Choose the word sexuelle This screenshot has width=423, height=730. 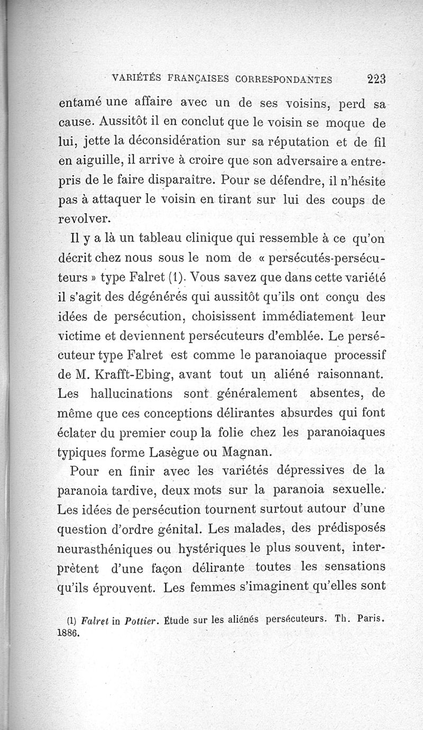(x=357, y=489)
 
